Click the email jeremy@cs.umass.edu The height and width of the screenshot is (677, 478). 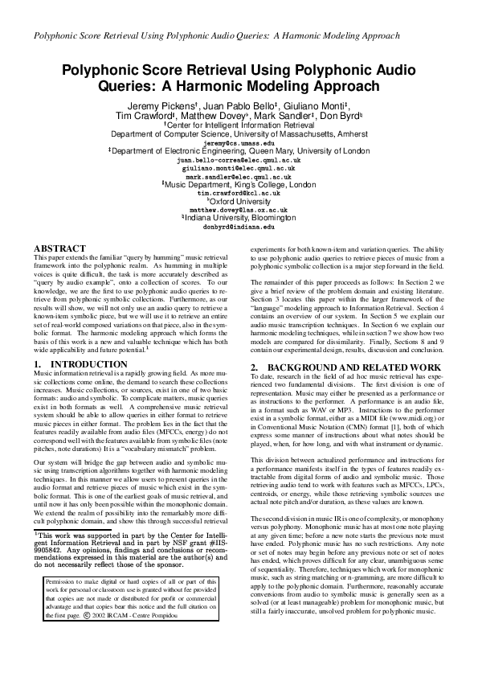click(x=239, y=142)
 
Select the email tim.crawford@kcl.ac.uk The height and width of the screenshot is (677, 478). click(x=239, y=193)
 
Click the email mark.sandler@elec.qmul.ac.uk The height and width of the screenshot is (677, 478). click(x=239, y=176)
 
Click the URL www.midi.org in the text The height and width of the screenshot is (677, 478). click(x=420, y=419)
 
